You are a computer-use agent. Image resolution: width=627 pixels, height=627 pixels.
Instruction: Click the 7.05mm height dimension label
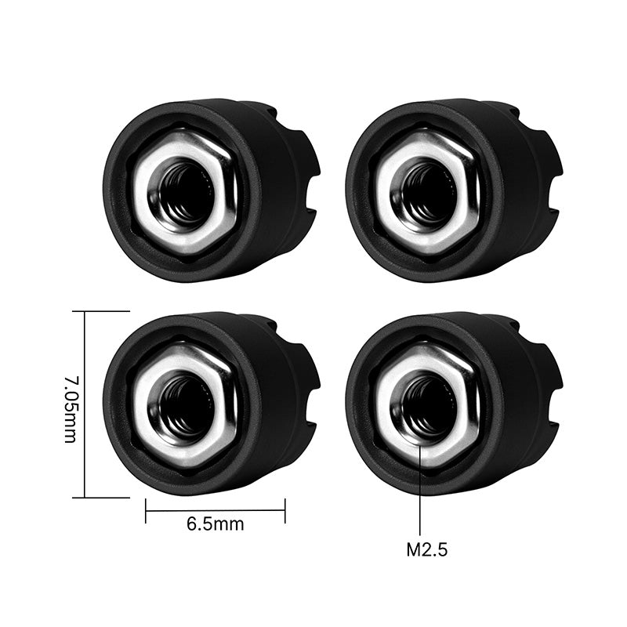70,408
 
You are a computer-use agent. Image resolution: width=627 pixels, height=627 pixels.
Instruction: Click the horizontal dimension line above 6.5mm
215,510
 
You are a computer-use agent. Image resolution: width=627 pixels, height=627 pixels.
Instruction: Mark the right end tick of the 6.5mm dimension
285,510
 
